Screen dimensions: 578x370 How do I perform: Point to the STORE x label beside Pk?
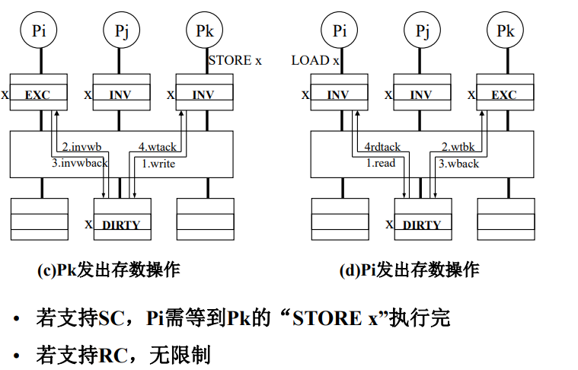click(x=235, y=60)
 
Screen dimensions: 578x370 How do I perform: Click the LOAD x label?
click(x=315, y=60)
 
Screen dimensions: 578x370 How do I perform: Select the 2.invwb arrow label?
click(x=81, y=147)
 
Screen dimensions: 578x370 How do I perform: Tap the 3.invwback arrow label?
click(x=80, y=163)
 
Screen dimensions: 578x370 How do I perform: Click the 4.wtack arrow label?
click(x=158, y=147)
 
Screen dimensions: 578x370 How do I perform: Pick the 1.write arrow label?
click(x=158, y=164)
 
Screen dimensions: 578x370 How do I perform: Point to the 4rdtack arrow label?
click(x=382, y=147)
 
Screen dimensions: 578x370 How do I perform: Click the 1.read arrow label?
click(x=381, y=163)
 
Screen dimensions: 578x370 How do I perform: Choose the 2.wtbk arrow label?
click(x=458, y=147)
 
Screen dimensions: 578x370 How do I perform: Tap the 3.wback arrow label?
click(x=459, y=164)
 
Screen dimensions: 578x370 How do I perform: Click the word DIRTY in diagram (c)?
click(x=121, y=225)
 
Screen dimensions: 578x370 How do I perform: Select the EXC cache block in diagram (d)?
click(x=505, y=92)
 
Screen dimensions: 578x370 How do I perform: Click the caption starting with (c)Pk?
click(x=109, y=270)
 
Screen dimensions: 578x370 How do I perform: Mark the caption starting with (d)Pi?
click(x=409, y=270)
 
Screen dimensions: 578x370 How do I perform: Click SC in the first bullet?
click(x=111, y=318)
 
